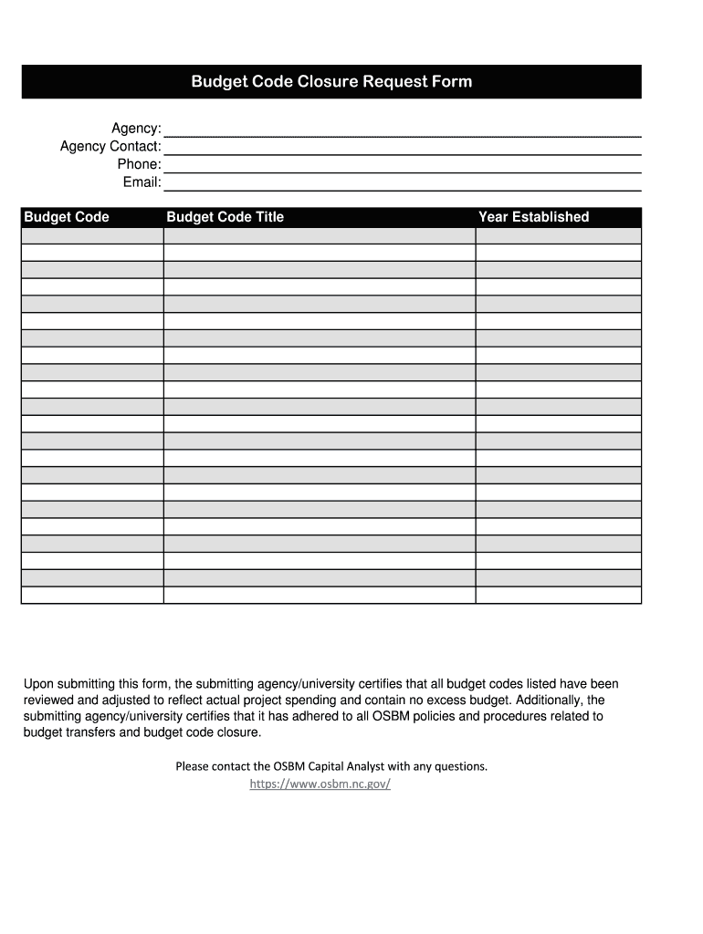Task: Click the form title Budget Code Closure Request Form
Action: click(331, 82)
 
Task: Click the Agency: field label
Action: click(136, 129)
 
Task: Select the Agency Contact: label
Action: click(110, 147)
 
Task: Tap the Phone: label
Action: click(139, 164)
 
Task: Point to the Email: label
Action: click(142, 182)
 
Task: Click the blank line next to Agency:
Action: click(402, 130)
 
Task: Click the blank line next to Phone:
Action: click(402, 165)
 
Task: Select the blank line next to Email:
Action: click(402, 183)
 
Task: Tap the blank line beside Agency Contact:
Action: click(402, 148)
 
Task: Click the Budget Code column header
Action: click(67, 217)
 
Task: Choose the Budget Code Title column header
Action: click(225, 217)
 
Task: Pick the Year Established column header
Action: click(534, 217)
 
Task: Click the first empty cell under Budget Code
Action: click(92, 235)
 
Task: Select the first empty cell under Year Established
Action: click(558, 235)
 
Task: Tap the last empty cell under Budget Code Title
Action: click(320, 595)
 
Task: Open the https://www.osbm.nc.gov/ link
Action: click(320, 784)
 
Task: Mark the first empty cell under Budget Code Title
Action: click(320, 235)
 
